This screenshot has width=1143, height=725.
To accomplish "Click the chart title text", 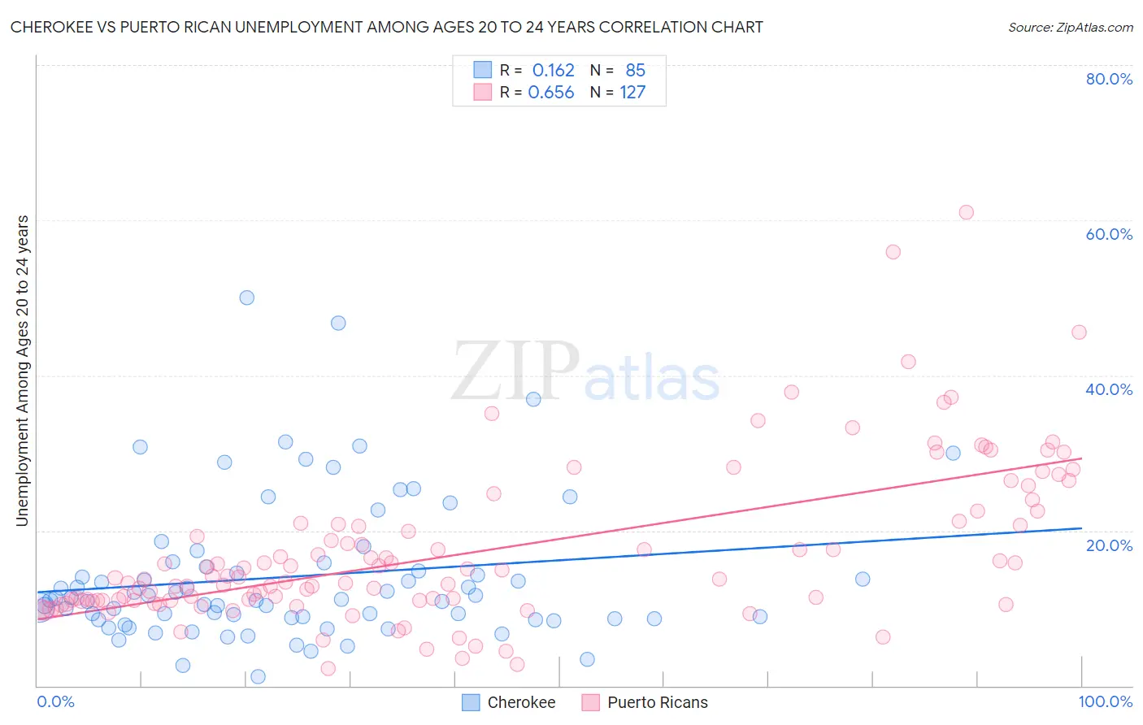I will tap(386, 27).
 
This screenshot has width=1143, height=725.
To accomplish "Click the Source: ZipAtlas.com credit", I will tap(1070, 27).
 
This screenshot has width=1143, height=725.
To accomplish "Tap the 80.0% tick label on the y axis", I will tap(1109, 79).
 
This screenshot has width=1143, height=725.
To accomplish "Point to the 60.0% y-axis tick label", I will tap(1109, 234).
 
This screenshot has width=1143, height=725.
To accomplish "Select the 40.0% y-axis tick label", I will tap(1109, 389).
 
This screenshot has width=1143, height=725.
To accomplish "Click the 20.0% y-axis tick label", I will tap(1109, 545).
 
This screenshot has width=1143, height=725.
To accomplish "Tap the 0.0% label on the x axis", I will tap(55, 701).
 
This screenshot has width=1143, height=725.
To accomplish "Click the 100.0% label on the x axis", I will tap(1105, 701).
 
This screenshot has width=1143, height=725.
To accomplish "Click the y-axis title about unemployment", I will tap(23, 370).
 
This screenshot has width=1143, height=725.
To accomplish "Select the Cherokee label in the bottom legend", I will tap(521, 702).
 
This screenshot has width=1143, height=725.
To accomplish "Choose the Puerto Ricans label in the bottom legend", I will tap(657, 702).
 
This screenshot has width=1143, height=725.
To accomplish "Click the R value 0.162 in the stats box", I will tap(553, 71).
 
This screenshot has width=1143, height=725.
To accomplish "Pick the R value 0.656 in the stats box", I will tap(551, 93).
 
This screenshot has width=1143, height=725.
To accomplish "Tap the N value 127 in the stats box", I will tap(632, 93).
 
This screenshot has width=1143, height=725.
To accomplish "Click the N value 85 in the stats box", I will tap(635, 71).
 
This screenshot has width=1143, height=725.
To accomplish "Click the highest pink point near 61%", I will tap(966, 212).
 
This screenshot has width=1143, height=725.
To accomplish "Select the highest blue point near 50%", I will tap(246, 297).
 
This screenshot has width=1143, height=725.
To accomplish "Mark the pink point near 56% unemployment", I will tap(893, 252).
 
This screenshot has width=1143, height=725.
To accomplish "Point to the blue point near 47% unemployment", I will tap(338, 323).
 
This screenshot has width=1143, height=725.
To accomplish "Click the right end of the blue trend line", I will tap(1080, 527).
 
